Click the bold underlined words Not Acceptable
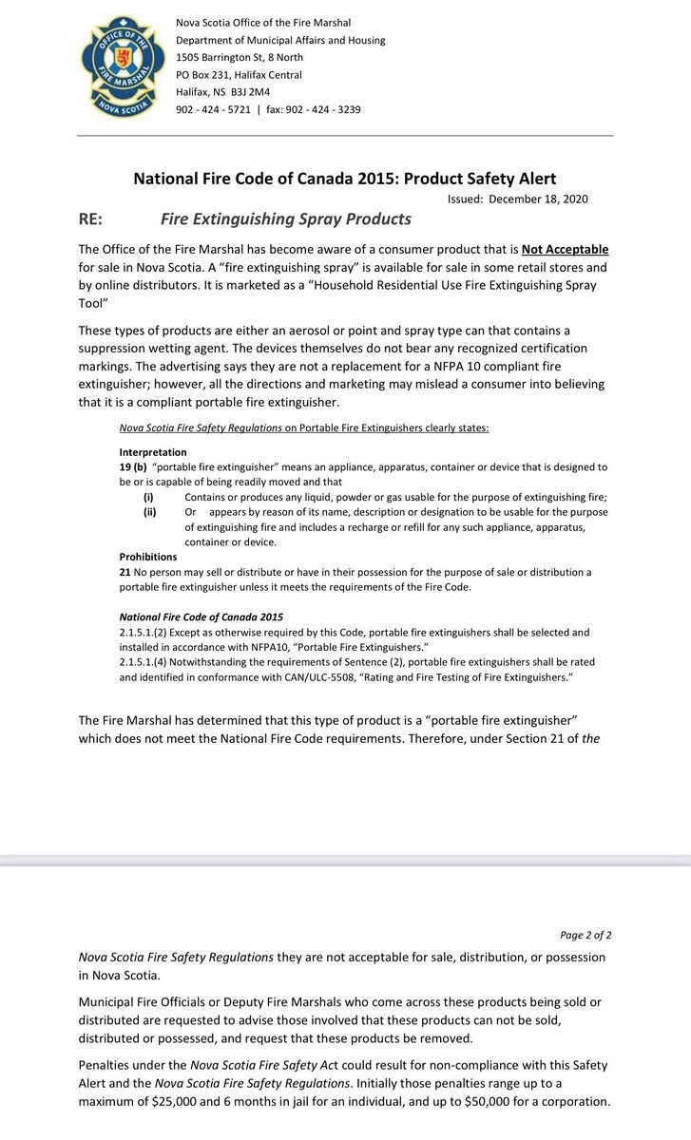[x=565, y=249]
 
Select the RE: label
[x=93, y=219]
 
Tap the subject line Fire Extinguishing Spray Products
[x=285, y=219]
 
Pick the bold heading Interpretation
[x=153, y=452]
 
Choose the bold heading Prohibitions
[x=148, y=557]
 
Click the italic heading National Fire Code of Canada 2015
[x=201, y=617]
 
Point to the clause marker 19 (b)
[x=132, y=468]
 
